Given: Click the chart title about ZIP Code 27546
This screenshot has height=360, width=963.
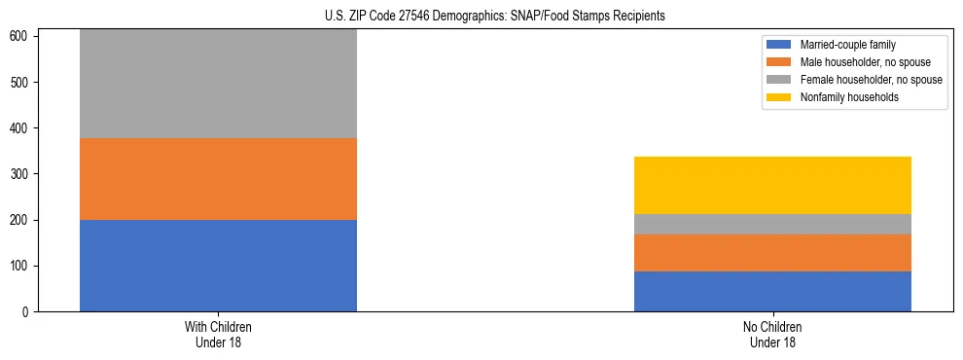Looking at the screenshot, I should [x=495, y=17].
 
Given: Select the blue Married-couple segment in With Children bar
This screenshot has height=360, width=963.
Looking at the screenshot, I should [x=218, y=266].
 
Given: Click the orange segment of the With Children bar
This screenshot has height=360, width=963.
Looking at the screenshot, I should [x=218, y=179].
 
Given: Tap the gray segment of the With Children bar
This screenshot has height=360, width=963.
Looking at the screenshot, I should [x=218, y=84].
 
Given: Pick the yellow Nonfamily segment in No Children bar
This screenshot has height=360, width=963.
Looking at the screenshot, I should [x=772, y=185].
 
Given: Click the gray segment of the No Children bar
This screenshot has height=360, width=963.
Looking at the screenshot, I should [x=772, y=224].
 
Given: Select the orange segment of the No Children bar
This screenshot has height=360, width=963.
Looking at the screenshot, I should [x=772, y=253].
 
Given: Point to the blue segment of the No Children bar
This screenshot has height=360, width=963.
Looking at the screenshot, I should [x=772, y=291].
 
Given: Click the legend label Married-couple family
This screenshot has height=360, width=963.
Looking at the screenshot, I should [x=848, y=45].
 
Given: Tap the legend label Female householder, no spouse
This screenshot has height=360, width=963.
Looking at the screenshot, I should [x=871, y=80].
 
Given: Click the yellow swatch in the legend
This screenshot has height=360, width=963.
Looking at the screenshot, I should [x=780, y=97].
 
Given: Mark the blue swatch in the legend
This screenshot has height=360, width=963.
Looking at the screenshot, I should [x=780, y=45].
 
